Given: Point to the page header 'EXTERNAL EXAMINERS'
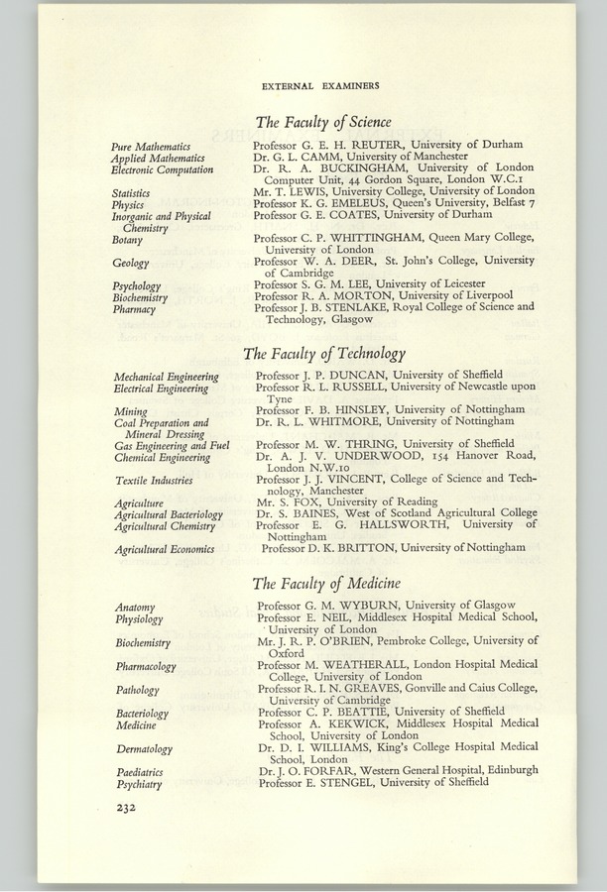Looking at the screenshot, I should point(319,86).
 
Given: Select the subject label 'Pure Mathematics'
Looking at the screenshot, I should point(152,147).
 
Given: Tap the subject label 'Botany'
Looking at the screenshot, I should point(127,240).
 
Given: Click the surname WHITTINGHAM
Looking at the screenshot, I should point(374,238).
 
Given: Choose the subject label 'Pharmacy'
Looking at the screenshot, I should point(132,309).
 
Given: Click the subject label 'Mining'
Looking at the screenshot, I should point(131,410).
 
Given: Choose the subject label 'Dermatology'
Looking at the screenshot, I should point(144,749).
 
